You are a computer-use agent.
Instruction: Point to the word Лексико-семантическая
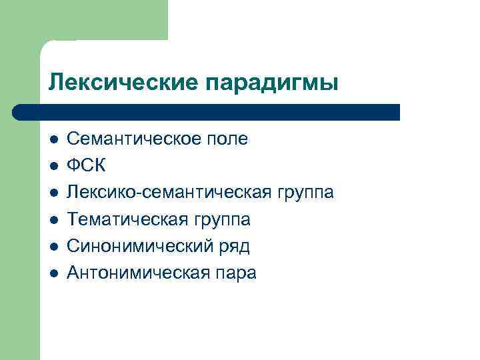(167, 193)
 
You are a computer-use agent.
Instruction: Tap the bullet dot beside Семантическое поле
(53, 139)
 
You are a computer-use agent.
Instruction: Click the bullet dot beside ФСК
(53, 166)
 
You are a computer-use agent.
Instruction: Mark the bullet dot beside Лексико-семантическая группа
(53, 193)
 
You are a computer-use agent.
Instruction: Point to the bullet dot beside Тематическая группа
(53, 219)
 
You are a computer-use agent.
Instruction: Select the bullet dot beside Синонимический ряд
(53, 246)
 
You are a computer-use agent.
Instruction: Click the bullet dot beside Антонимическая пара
(53, 273)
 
